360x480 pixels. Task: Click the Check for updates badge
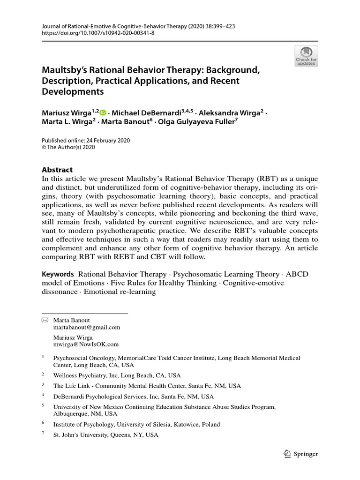pyautogui.click(x=306, y=56)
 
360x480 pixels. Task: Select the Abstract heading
pyautogui.click(x=57, y=170)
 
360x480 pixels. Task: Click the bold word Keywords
pyautogui.click(x=58, y=274)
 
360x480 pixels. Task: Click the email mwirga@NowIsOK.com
pyautogui.click(x=86, y=345)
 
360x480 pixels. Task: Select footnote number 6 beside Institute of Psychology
pyautogui.click(x=43, y=422)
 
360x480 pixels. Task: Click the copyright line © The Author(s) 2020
pyautogui.click(x=68, y=147)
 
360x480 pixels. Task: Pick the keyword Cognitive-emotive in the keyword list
pyautogui.click(x=250, y=283)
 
